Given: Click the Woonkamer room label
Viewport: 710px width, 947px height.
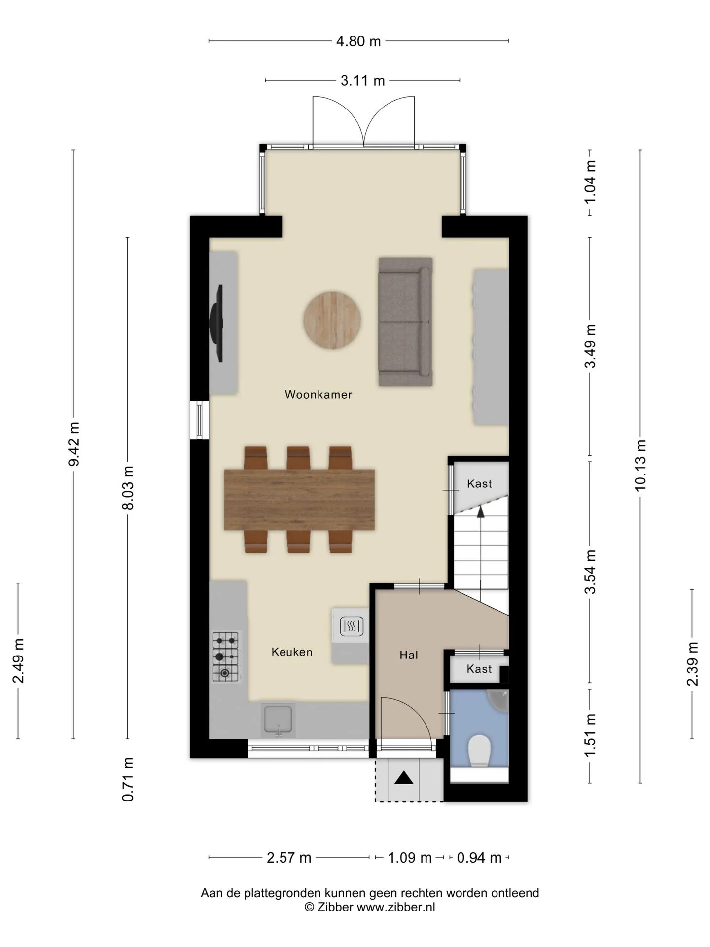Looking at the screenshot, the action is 319,394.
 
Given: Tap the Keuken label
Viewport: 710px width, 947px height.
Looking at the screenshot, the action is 292,652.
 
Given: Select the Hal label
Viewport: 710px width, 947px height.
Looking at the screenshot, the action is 409,655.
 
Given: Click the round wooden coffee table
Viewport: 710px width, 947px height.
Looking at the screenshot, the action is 332,321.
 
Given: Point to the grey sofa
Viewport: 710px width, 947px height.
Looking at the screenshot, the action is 405,322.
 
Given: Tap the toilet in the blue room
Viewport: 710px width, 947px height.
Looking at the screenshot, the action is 479,751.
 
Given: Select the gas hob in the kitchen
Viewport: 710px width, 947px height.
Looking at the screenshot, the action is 225,656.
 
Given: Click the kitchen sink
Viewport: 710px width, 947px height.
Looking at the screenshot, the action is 279,720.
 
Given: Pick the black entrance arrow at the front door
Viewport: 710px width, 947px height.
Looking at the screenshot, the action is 404,778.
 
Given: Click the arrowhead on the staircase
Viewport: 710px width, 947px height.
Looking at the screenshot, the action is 480,511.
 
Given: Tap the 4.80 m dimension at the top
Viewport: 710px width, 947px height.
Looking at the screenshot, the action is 358,41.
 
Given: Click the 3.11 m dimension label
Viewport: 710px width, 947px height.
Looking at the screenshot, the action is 362,80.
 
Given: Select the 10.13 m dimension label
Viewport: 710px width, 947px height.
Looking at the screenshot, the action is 640,466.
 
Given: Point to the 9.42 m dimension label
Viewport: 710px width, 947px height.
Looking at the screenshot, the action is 74,444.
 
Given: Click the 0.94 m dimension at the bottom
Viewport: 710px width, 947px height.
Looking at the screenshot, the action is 479,858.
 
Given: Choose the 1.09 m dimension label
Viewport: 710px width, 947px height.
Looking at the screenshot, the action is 410,858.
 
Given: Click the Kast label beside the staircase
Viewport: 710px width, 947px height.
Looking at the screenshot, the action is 479,484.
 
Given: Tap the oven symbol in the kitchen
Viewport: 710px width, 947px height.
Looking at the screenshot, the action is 351,627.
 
